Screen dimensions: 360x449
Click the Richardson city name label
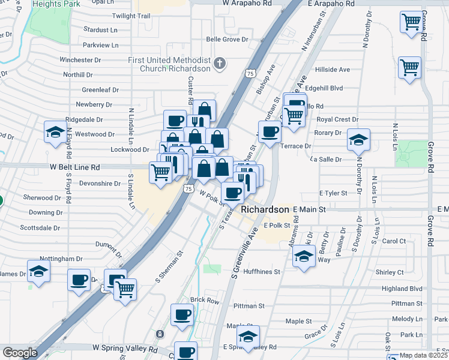265,210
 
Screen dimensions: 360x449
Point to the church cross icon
220,62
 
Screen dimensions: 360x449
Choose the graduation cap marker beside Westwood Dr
56,132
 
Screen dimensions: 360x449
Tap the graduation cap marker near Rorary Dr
358,140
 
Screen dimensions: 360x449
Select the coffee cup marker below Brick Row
182,314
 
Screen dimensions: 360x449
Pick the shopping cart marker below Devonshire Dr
161,173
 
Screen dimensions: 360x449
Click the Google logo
20,353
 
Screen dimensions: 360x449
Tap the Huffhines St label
260,272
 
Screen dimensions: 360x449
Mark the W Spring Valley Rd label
124,348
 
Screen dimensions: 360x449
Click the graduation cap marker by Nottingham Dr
39,271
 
